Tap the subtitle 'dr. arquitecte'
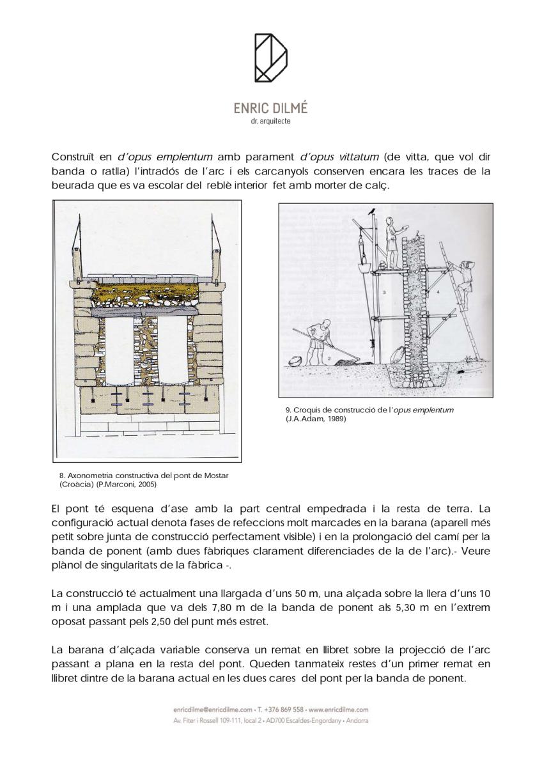pyautogui.click(x=270, y=121)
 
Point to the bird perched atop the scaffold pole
pyautogui.click(x=372, y=209)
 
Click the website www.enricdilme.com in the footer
pyautogui.click(x=337, y=709)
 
